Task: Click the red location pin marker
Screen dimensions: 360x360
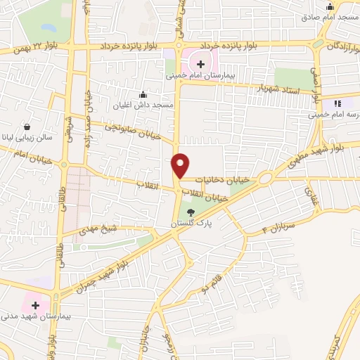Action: pyautogui.click(x=181, y=165)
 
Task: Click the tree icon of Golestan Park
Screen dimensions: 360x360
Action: pyautogui.click(x=191, y=213)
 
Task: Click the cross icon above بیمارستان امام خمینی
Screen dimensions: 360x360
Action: pyautogui.click(x=201, y=64)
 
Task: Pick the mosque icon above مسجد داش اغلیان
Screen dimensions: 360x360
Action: pyautogui.click(x=143, y=94)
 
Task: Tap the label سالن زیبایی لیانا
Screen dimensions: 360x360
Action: pyautogui.click(x=27, y=138)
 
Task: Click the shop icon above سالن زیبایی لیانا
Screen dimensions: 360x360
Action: pyautogui.click(x=27, y=127)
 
